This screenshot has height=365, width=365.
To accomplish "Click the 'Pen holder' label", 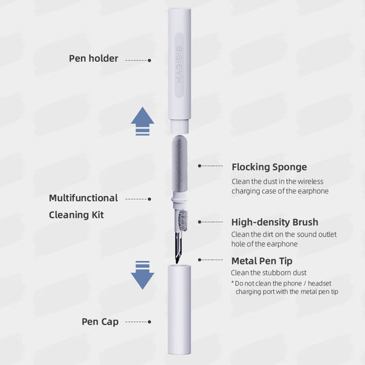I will [93, 59].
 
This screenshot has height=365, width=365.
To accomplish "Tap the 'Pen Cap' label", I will [100, 321].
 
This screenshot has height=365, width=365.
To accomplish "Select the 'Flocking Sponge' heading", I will [269, 166].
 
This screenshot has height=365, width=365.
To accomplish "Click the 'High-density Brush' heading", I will [275, 222].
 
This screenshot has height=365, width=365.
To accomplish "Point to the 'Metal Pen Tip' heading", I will [262, 261].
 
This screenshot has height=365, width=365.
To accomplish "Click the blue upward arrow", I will [142, 121].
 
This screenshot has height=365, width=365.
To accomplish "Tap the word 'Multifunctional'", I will [84, 198].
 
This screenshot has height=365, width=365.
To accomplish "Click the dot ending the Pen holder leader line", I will [150, 60].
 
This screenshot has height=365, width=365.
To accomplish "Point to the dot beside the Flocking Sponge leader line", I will [199, 166].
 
